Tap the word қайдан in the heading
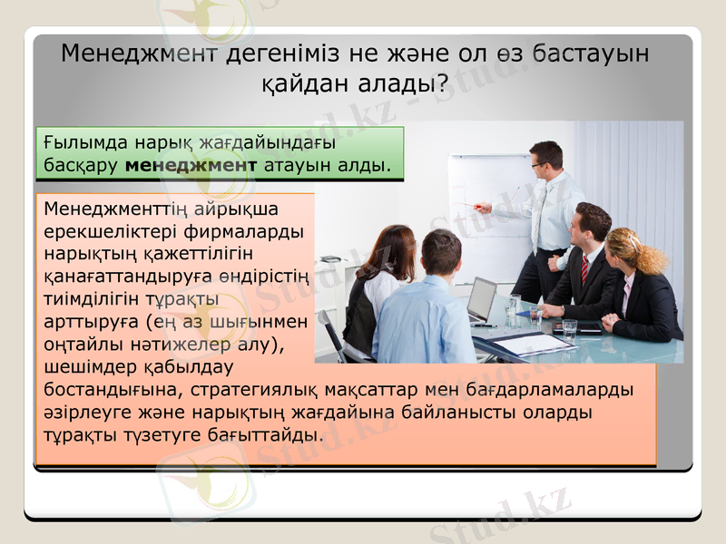pos(305,86)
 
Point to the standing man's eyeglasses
pos(542,164)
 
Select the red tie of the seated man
pos(585,267)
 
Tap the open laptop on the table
pos(482,301)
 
